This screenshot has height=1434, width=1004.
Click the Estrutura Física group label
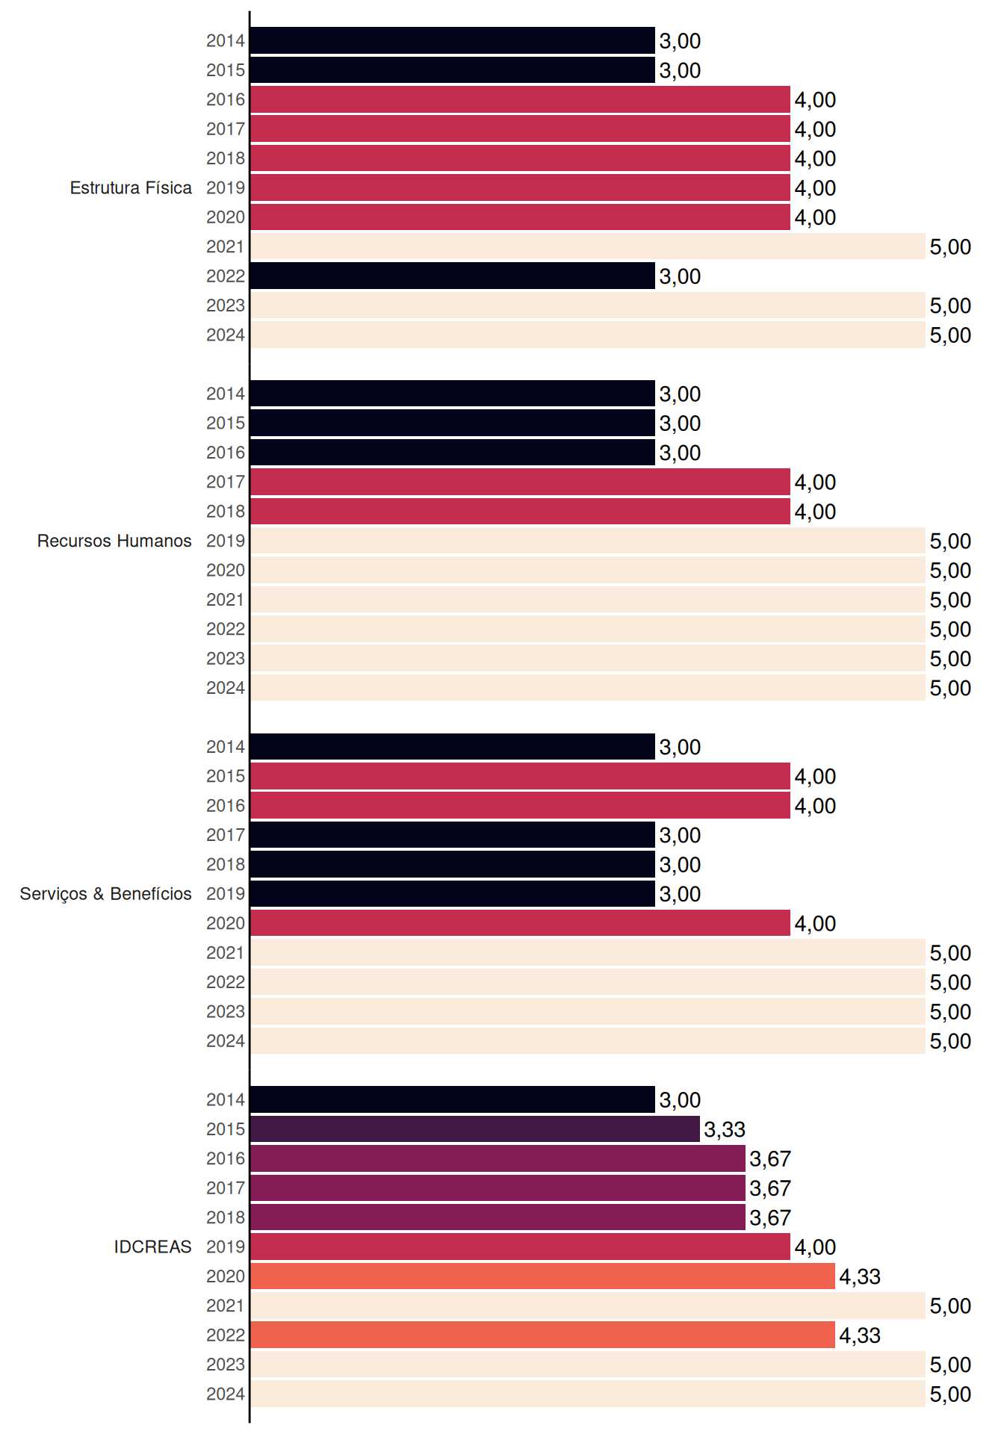pyautogui.click(x=131, y=187)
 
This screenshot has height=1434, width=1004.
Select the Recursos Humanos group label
pyautogui.click(x=114, y=541)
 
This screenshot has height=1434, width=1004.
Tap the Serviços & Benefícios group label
pyautogui.click(x=105, y=894)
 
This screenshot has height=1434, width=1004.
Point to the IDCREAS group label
pyautogui.click(x=152, y=1247)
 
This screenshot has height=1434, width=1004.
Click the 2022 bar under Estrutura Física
pyautogui.click(x=453, y=276)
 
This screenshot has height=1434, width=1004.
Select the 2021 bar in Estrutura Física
pyautogui.click(x=588, y=246)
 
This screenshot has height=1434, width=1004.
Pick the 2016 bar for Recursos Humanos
pyautogui.click(x=453, y=453)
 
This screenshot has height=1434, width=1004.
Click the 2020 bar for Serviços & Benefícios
pyautogui.click(x=520, y=923)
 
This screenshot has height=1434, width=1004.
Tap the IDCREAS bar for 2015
pyautogui.click(x=475, y=1129)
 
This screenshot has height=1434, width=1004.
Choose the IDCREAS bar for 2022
pyautogui.click(x=542, y=1335)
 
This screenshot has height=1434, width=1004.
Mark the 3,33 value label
pyautogui.click(x=725, y=1129)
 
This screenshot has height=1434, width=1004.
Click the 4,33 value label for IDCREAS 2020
pyautogui.click(x=860, y=1276)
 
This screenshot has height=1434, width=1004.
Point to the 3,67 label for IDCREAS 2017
pyautogui.click(x=770, y=1188)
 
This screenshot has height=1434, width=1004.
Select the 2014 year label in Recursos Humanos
pyautogui.click(x=226, y=394)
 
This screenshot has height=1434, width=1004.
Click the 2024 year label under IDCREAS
pyautogui.click(x=226, y=1394)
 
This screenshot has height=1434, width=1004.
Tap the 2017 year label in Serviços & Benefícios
pyautogui.click(x=226, y=835)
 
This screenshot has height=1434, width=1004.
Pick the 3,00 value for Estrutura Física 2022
pyautogui.click(x=680, y=276)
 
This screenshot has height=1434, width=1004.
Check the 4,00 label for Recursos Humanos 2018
pyautogui.click(x=815, y=512)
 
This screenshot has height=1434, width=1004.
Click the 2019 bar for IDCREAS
pyautogui.click(x=520, y=1247)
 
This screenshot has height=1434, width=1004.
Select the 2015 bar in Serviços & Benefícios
pyautogui.click(x=520, y=776)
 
